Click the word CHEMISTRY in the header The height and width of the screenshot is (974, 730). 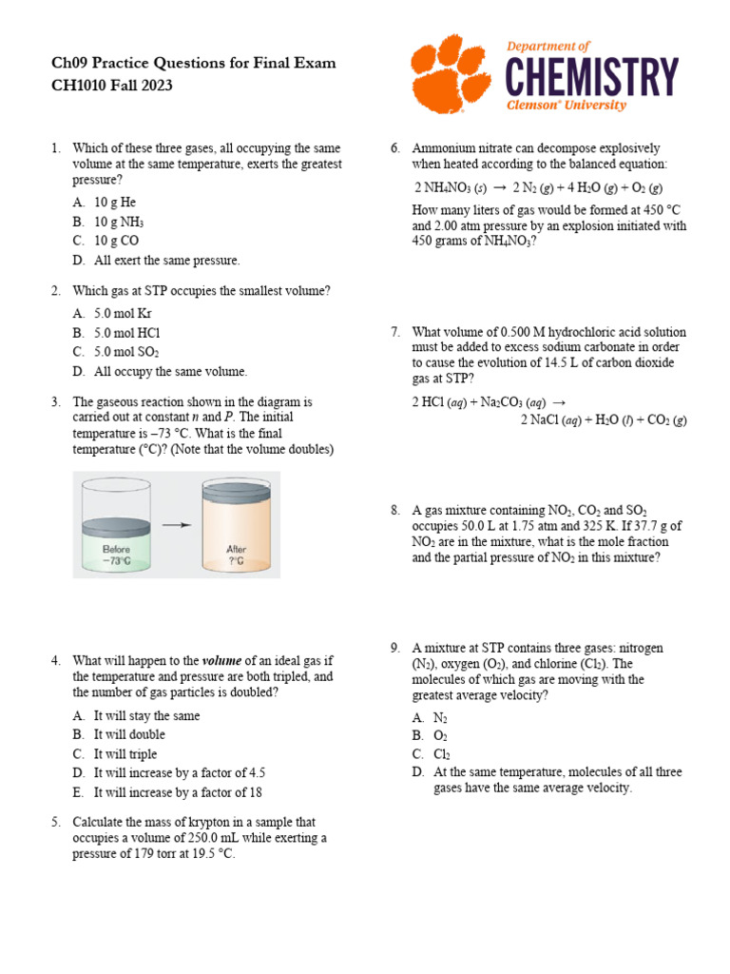(x=592, y=76)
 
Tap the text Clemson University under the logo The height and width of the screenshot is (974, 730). (x=566, y=106)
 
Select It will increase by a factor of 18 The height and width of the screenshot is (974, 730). (x=178, y=791)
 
